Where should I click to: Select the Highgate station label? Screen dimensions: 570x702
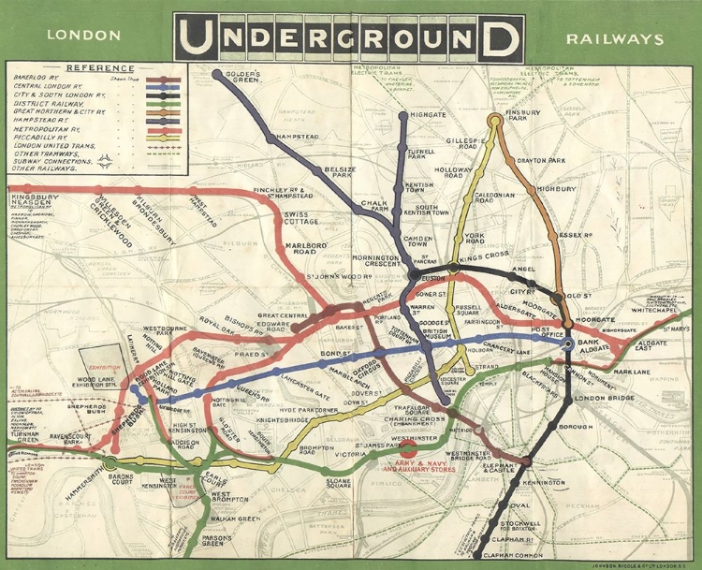(x=427, y=114)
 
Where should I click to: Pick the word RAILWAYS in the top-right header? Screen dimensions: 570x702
(x=614, y=39)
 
